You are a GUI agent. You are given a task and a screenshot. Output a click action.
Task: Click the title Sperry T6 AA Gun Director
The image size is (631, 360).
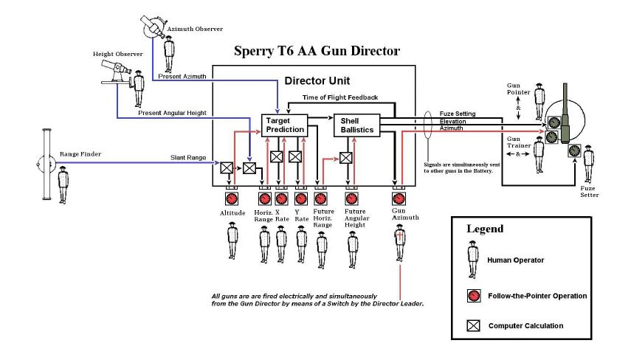[317, 51]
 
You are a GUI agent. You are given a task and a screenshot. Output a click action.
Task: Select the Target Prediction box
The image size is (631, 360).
[285, 125]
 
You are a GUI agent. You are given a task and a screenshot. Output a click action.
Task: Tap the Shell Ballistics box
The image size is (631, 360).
[357, 125]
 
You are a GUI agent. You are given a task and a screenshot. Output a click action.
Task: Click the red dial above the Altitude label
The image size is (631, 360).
[232, 198]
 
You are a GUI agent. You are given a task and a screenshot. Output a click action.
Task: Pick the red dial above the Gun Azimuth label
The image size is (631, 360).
[399, 198]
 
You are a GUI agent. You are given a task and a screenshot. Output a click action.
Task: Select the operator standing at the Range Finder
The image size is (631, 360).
[63, 186]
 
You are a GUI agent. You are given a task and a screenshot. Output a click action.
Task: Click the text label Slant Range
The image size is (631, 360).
[188, 158]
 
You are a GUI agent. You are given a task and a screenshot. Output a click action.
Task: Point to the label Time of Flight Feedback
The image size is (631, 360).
[340, 97]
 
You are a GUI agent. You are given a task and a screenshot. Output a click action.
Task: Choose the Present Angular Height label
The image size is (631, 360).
[172, 113]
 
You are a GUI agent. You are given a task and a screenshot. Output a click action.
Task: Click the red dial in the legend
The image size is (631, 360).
[474, 296]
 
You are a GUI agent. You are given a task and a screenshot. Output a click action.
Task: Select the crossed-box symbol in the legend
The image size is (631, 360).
[474, 325]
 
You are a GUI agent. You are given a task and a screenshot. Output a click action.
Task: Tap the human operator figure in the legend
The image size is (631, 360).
[473, 260]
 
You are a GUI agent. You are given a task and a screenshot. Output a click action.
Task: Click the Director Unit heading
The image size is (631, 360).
[317, 81]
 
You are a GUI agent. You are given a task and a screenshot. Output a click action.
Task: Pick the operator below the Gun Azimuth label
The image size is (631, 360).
[399, 243]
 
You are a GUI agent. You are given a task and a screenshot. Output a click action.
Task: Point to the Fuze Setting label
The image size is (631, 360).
[458, 114]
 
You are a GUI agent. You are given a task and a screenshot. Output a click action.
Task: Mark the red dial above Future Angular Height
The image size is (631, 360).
[352, 198]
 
